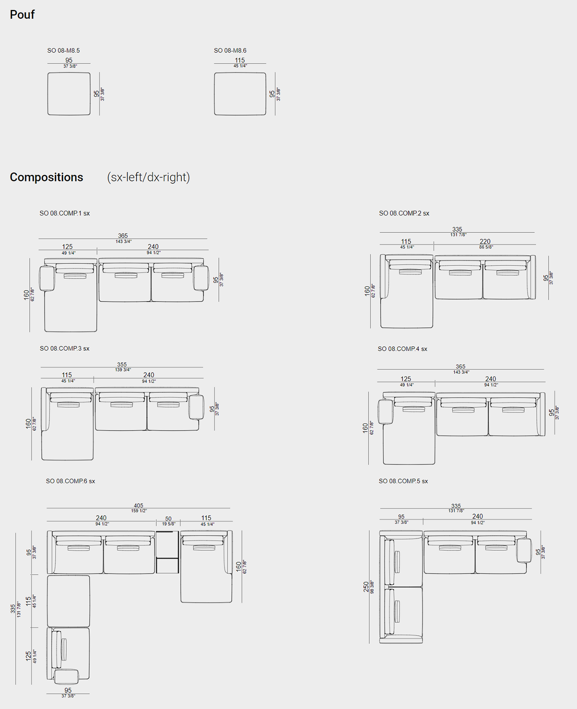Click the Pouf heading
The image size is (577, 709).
[x=22, y=14]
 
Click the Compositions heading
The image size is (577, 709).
[x=47, y=177]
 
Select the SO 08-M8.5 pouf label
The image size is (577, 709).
[x=63, y=51]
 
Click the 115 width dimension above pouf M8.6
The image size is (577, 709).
[x=240, y=60]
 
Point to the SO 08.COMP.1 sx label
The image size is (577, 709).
[x=65, y=213]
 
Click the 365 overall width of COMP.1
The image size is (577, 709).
[x=123, y=236]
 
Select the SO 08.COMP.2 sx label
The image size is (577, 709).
[x=404, y=213]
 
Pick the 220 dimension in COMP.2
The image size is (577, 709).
[x=485, y=242]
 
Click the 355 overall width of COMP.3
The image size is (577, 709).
[x=122, y=364]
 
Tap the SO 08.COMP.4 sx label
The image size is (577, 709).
[x=403, y=349]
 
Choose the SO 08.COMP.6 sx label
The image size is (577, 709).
[x=70, y=481]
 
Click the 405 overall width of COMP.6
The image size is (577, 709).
[x=138, y=505]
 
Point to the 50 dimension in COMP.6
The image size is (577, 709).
[x=168, y=519]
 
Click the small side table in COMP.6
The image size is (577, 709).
[x=167, y=552]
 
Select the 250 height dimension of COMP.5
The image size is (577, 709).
[x=366, y=587]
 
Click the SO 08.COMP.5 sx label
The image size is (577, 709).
[x=403, y=481]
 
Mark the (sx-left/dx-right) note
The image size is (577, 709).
[x=148, y=177]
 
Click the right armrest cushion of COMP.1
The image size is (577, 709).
[x=201, y=278]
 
